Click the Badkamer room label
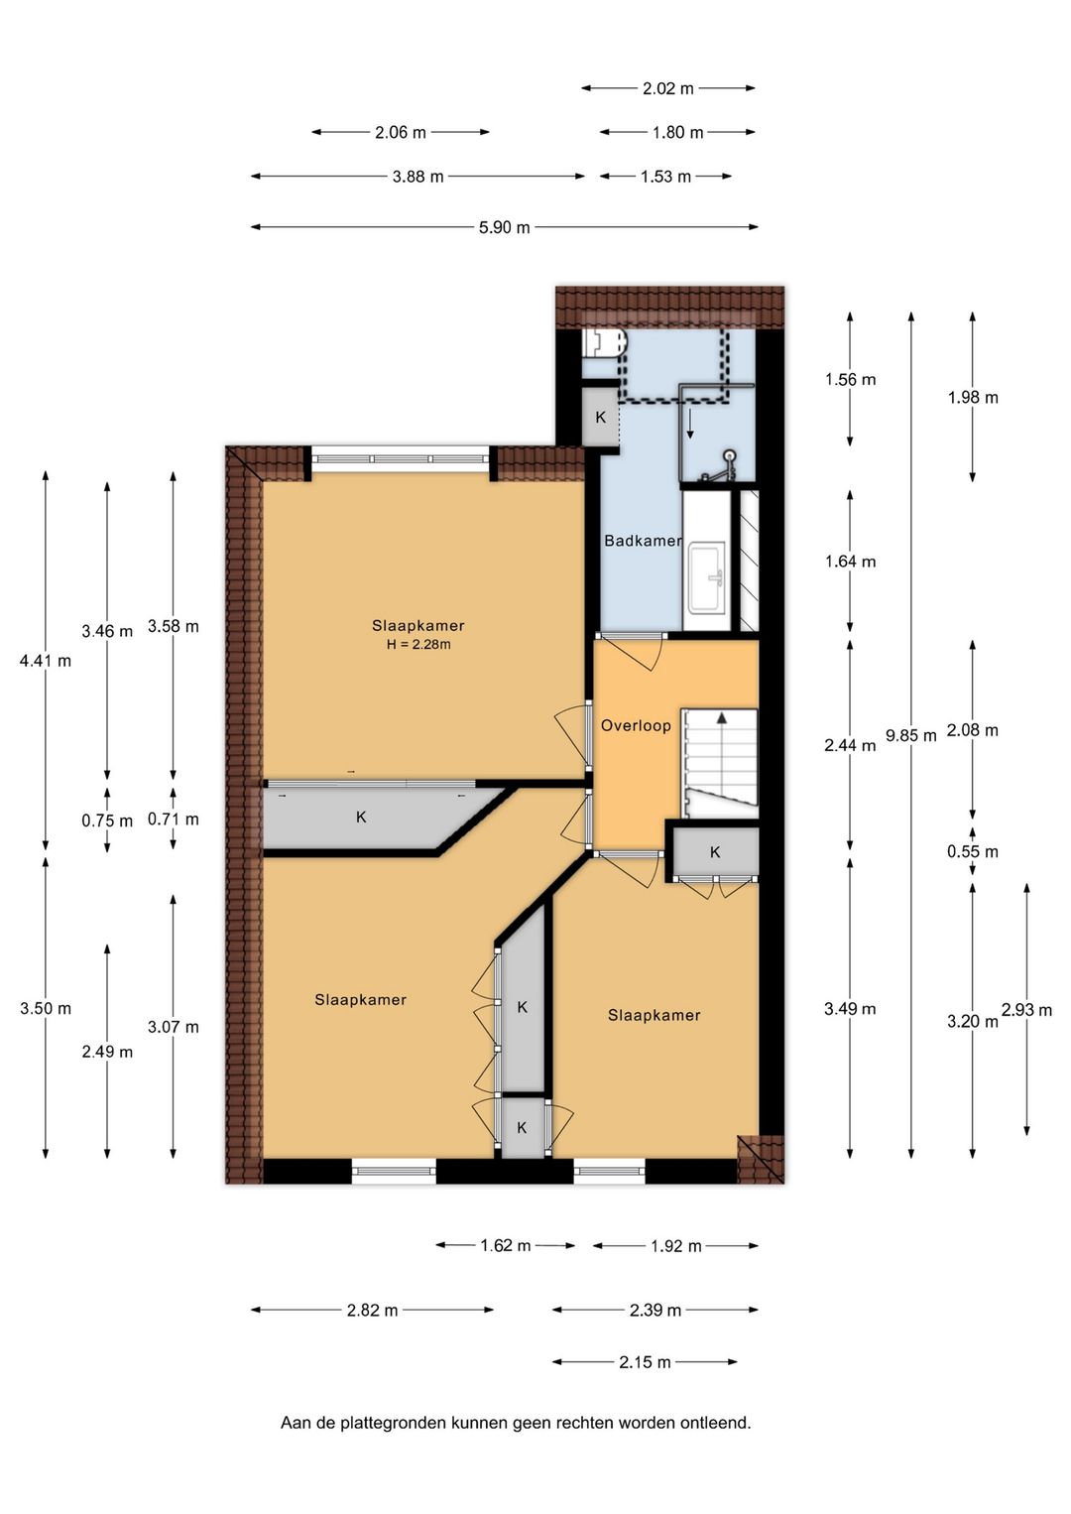pyautogui.click(x=643, y=541)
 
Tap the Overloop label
pyautogui.click(x=636, y=726)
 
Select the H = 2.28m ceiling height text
pyautogui.click(x=418, y=644)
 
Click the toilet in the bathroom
pyautogui.click(x=606, y=342)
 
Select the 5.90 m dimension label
pyautogui.click(x=504, y=228)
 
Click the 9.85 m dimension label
pyautogui.click(x=911, y=735)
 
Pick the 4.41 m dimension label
pyautogui.click(x=46, y=661)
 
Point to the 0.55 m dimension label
pyautogui.click(x=973, y=851)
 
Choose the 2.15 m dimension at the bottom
pyautogui.click(x=645, y=1362)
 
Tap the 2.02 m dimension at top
pyautogui.click(x=667, y=88)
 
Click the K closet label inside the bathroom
pyautogui.click(x=601, y=418)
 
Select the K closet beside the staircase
pyautogui.click(x=715, y=852)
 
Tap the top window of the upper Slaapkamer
pyautogui.click(x=400, y=458)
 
